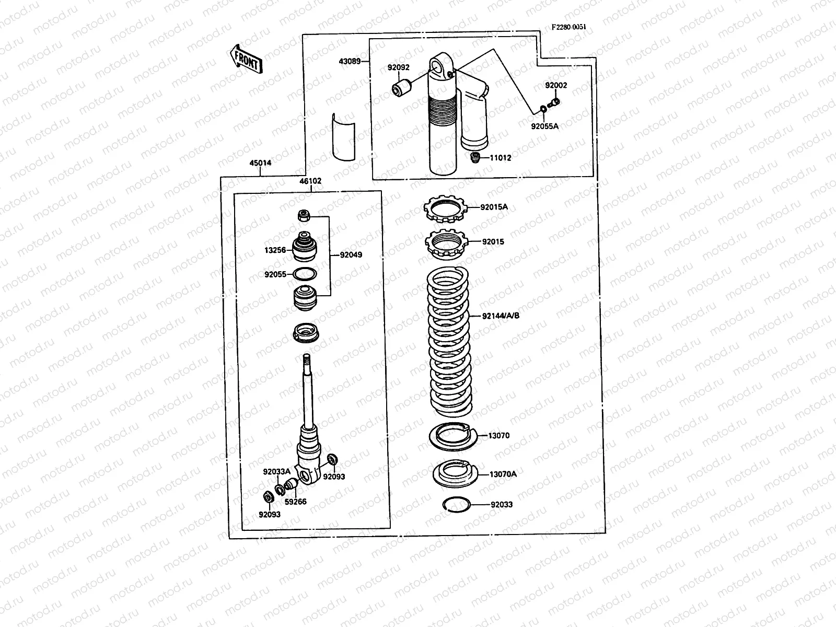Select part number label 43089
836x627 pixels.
click(x=350, y=61)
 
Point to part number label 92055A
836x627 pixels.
click(x=544, y=126)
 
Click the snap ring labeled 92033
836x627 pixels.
click(x=457, y=504)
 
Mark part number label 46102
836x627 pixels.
click(x=310, y=181)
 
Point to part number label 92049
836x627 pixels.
click(x=351, y=255)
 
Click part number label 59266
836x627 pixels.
click(x=296, y=502)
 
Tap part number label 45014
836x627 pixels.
click(x=260, y=163)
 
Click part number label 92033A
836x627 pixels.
click(x=276, y=471)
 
